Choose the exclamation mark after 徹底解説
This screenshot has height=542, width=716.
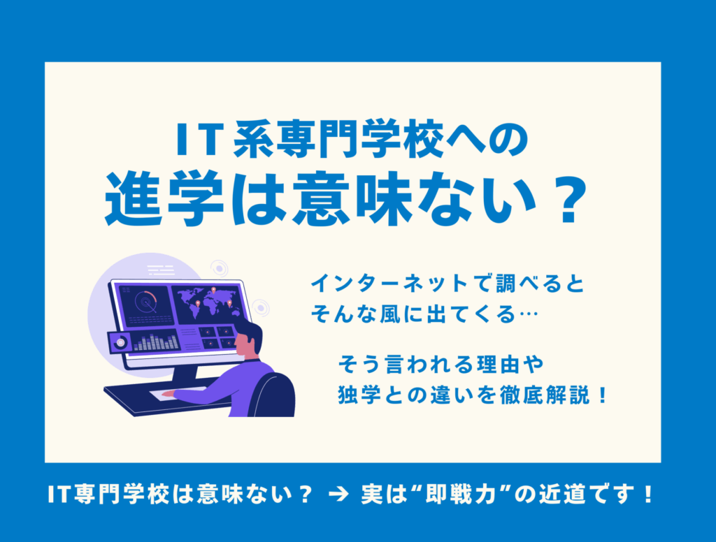[603, 395]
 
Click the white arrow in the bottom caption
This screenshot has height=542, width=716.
[338, 495]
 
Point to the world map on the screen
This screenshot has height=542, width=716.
[208, 302]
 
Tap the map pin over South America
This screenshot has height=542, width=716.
[198, 304]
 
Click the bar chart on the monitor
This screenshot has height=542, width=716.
[156, 342]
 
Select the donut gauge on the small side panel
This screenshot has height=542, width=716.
[121, 342]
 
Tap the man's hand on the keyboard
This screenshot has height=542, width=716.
[168, 393]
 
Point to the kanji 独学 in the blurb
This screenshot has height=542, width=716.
[359, 395]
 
